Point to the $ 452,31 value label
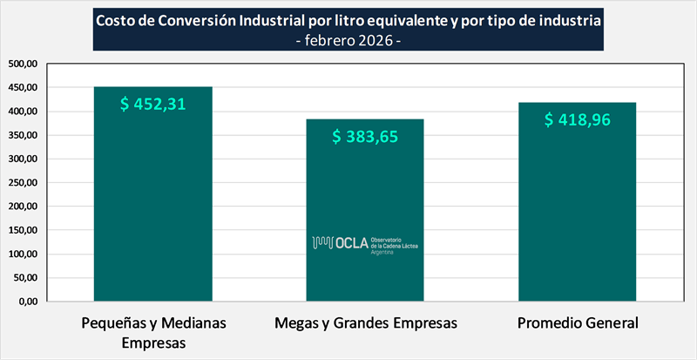[153, 104]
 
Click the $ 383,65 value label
[365, 136]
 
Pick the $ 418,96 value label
[578, 119]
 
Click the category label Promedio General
[578, 323]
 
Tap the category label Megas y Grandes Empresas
[365, 323]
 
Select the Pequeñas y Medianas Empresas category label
[153, 332]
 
